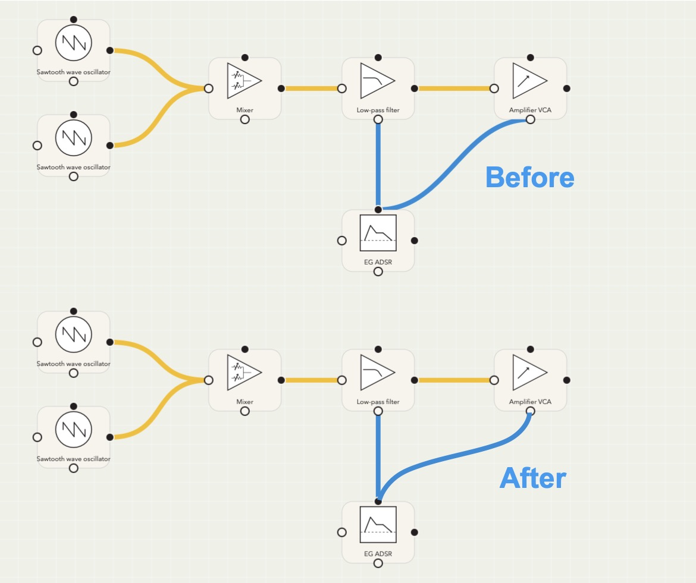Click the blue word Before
529,177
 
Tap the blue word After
532,478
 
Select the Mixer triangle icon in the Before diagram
244,81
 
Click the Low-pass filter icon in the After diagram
377,373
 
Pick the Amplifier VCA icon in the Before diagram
529,81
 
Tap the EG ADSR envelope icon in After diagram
378,525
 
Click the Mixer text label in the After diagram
244,402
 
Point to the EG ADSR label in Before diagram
378,262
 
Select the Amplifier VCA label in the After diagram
530,402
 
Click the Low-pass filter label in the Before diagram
378,110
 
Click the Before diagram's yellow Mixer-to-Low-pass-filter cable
311,89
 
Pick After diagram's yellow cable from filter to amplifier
456,380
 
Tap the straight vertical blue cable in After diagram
378,455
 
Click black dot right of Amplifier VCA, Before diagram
567,89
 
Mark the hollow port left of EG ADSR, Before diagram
341,241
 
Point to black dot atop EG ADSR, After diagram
378,502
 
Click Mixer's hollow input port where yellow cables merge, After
208,380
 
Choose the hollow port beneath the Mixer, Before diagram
244,119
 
